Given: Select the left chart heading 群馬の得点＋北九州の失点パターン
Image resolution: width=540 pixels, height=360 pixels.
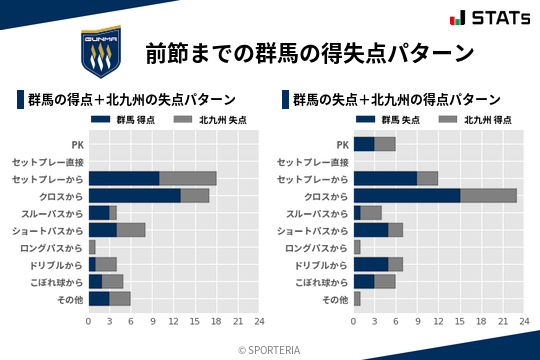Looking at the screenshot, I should click(x=131, y=99).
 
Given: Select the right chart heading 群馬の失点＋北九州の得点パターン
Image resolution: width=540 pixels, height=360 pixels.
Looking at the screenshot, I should click(x=396, y=99).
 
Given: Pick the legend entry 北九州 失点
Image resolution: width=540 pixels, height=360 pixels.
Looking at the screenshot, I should click(x=209, y=120).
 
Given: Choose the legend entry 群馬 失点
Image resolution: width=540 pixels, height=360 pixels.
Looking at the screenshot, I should click(x=388, y=120).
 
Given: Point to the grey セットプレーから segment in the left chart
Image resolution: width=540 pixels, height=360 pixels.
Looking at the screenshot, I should click(x=188, y=178).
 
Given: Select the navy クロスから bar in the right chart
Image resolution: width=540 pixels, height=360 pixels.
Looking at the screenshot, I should click(x=407, y=195).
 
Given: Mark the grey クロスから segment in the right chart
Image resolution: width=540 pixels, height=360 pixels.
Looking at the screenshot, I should click(x=489, y=195).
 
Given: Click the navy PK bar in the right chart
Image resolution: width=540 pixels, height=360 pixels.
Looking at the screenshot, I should click(x=364, y=144).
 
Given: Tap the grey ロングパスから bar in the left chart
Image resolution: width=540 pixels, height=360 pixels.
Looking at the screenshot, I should click(x=92, y=247).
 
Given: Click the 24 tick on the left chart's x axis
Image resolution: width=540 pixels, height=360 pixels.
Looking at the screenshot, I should click(x=259, y=322).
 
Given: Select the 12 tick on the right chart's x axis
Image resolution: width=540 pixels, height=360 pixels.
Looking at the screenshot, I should click(x=439, y=322).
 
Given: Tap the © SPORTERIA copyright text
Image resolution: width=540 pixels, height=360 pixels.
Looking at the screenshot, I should click(x=270, y=349).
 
